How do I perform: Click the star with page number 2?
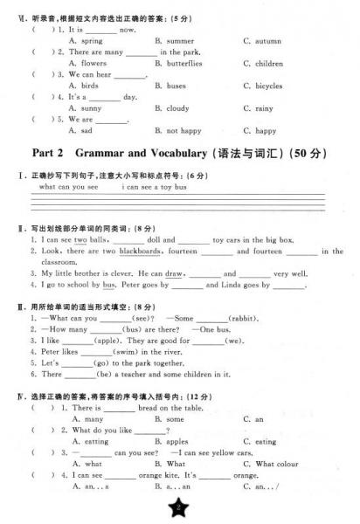(x=179, y=508)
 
